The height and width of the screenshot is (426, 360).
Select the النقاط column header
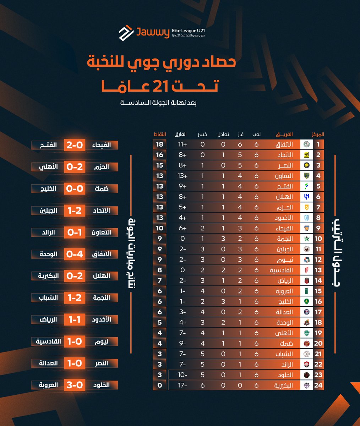pos(159,135)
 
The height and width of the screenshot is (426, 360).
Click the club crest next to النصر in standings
pos(307,165)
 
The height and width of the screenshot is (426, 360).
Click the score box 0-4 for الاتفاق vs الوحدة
pos(75,254)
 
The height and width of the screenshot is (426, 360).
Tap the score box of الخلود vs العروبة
pos(75,385)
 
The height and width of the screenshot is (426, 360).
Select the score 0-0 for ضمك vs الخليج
pos(75,189)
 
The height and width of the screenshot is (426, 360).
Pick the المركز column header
pos(317,135)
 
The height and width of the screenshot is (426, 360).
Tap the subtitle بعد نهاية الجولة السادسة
pos(158,103)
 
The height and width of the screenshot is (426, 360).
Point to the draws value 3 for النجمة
pos(223,239)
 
